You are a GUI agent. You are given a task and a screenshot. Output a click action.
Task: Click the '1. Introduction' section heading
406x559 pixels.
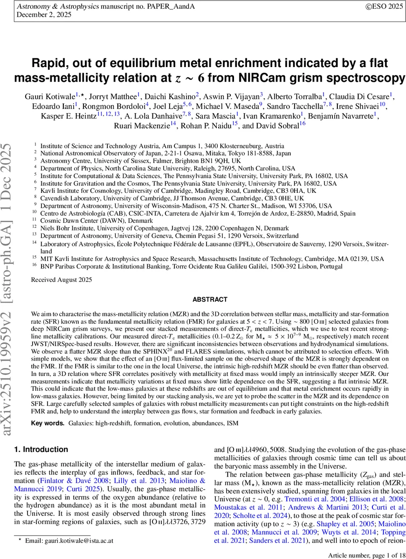[41, 450]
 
